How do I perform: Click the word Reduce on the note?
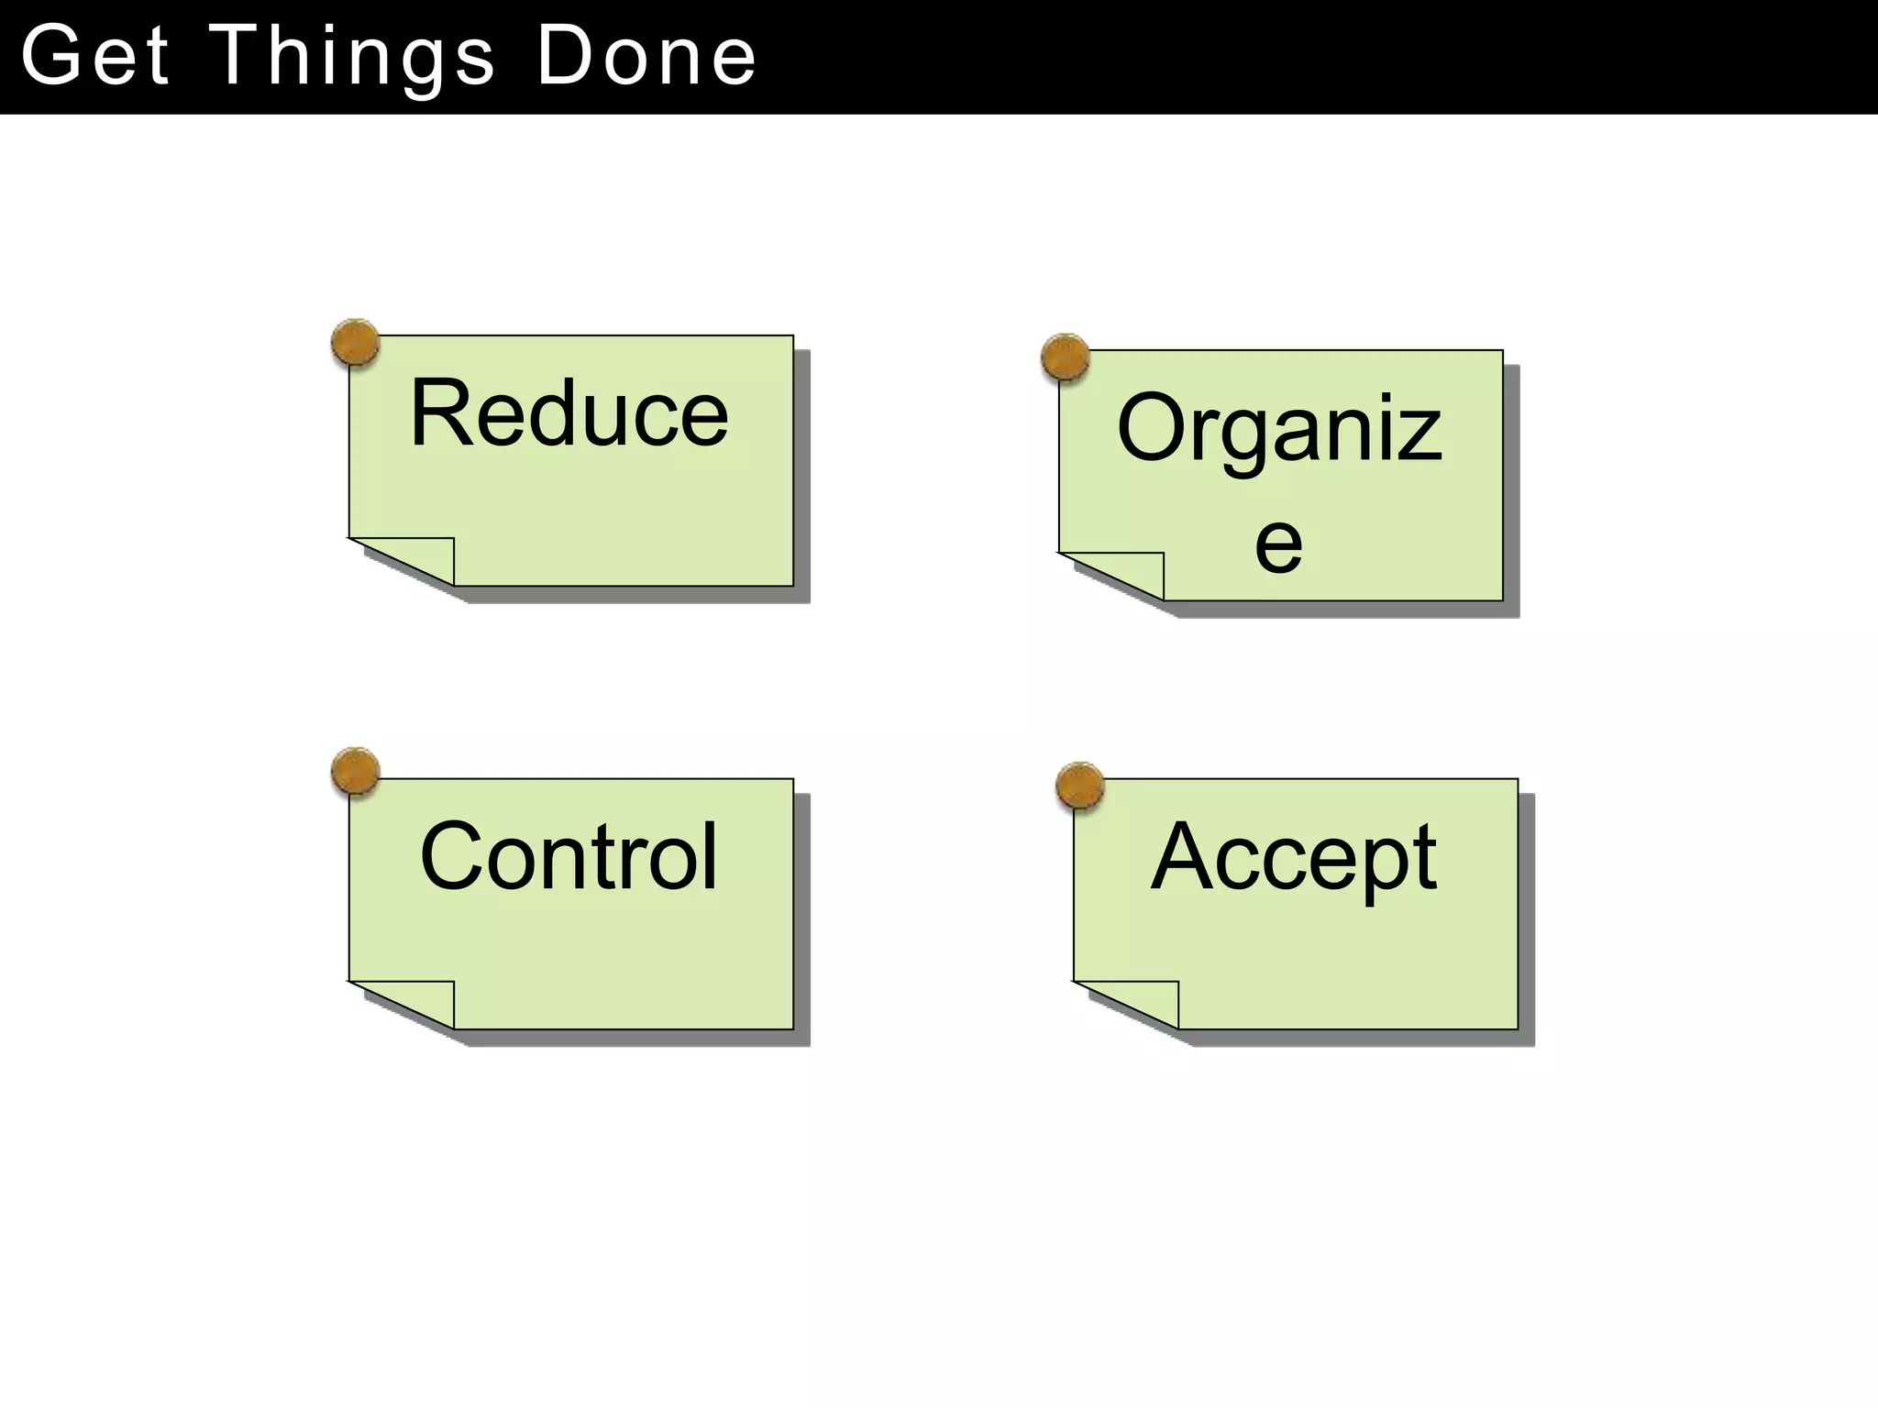coord(569,414)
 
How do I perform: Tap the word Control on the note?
coord(569,856)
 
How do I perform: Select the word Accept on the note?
coord(1293,858)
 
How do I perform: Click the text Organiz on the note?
coord(1279,429)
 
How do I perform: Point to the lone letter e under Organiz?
coord(1278,544)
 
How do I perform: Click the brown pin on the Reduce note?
coord(355,343)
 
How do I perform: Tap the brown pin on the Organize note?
coord(1066,357)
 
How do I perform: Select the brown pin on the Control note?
coord(355,771)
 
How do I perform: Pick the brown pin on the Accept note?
coord(1079,786)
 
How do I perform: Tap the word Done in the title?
coord(646,57)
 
